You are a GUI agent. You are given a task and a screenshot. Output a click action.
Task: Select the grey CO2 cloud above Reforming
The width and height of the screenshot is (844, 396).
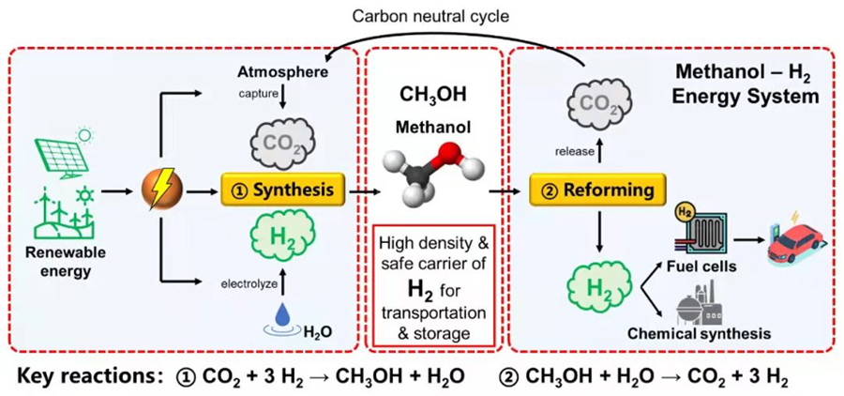click(597, 106)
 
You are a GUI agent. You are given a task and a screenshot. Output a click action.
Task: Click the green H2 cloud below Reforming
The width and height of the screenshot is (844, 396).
click(596, 288)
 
